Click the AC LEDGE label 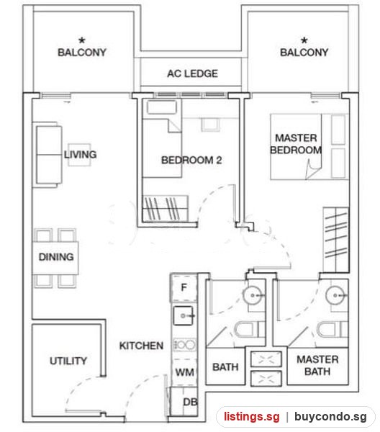192,73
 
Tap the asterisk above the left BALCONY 82,40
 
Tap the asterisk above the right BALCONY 304,40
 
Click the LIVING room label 80,154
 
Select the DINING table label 56,257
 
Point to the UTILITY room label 68,361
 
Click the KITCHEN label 141,346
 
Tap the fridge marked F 184,287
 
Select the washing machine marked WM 184,372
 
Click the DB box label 190,402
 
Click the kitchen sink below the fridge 184,316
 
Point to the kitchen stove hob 185,344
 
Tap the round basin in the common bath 252,295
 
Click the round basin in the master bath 335,295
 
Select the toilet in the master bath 332,329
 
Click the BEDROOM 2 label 191,160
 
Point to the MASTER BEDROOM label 296,144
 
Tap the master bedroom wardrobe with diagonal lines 336,240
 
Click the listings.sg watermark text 251,416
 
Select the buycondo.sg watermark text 330,417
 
